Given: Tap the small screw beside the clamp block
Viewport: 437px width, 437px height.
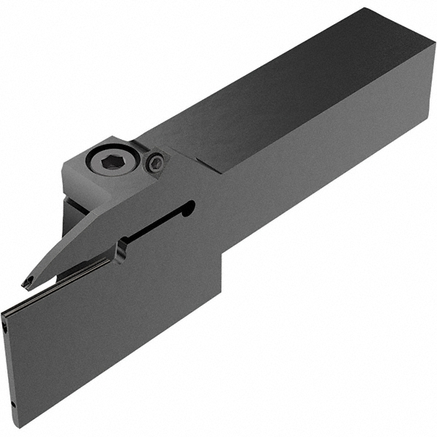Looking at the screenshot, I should [x=155, y=164].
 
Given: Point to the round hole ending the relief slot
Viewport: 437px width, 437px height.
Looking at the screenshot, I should [x=189, y=209].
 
